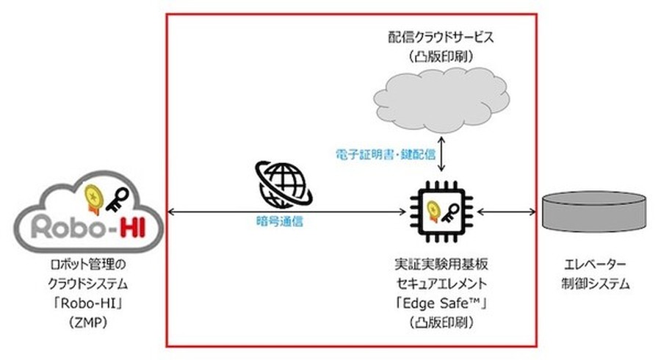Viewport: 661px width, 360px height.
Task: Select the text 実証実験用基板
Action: [x=440, y=264]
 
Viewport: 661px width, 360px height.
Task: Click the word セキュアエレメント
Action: [x=440, y=282]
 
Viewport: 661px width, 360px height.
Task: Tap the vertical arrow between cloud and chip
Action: [x=441, y=154]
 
